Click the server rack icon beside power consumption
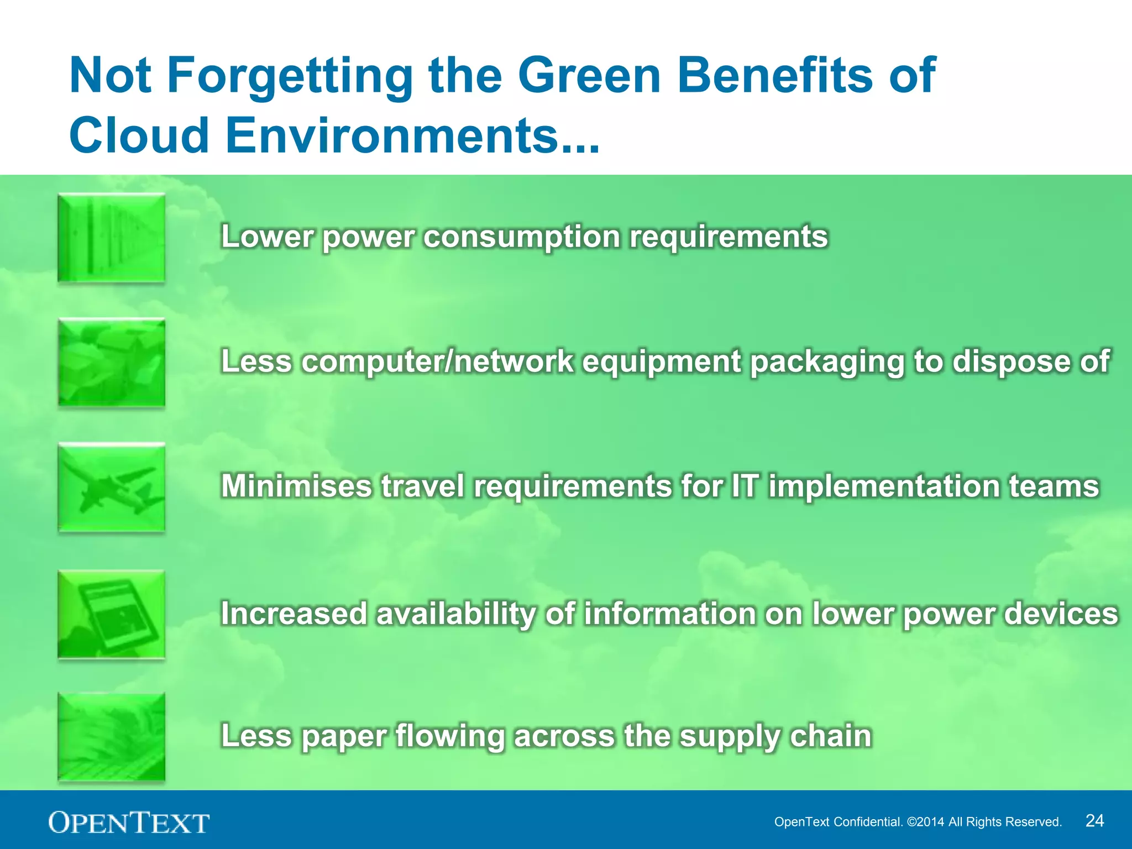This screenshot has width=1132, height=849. pos(111,238)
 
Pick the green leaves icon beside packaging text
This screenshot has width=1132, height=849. pos(111,363)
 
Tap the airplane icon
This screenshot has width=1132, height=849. pos(111,488)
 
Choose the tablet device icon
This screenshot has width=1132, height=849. pos(111,614)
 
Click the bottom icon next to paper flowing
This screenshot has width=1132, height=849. pos(111,737)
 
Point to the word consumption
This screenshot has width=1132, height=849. pos(522,237)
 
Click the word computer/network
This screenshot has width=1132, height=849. pos(437,361)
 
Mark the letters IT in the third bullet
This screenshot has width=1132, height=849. pos(745,486)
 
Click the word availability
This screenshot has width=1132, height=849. pos(455,614)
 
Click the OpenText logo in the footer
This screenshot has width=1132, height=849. pos(129,822)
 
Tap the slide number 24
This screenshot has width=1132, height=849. pos(1094,820)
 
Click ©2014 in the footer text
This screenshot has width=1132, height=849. pos(925,822)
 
